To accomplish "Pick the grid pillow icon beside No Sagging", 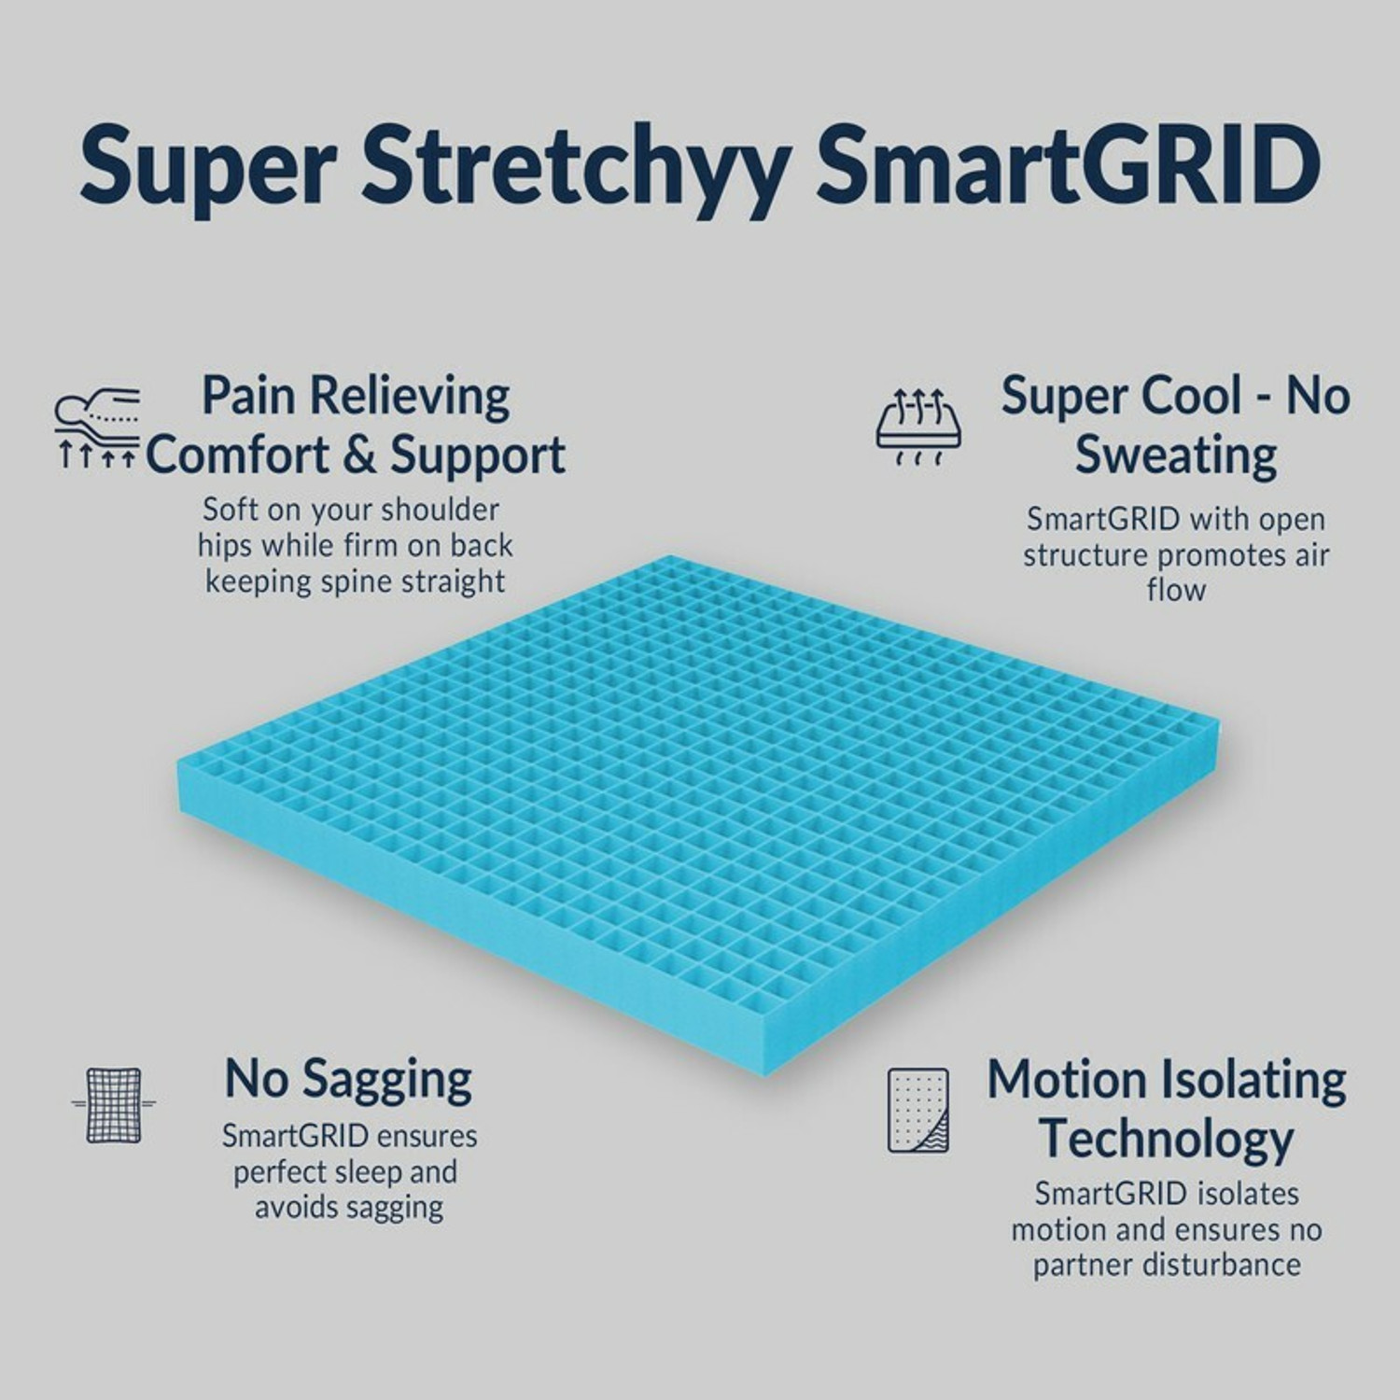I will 114,1104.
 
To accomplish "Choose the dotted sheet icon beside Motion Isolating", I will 917,1110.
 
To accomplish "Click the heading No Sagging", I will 348,1080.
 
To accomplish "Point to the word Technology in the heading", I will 1167,1140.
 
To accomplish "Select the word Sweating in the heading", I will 1176,455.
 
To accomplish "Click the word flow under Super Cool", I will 1176,590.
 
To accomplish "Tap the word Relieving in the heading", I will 410,396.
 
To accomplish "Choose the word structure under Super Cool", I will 1085,555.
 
